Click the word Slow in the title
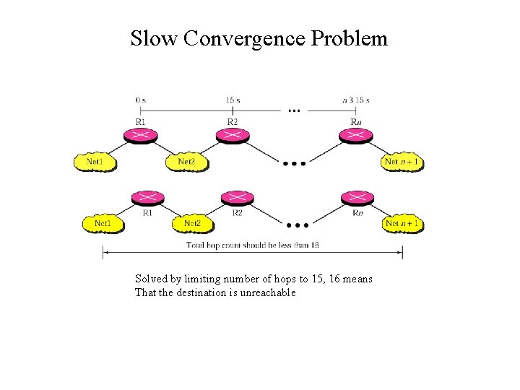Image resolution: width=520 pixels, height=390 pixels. (x=154, y=38)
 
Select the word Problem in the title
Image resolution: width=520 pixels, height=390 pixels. (x=350, y=38)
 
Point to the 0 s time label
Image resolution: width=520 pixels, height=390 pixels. (x=141, y=100)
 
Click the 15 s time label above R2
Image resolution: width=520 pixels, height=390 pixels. (x=233, y=100)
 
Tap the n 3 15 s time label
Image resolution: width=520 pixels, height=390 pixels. (x=355, y=100)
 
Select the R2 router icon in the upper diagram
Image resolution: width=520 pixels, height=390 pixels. (x=233, y=135)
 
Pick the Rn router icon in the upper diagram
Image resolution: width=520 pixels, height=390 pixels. (x=356, y=135)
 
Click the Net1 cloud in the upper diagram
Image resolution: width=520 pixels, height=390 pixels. (x=96, y=162)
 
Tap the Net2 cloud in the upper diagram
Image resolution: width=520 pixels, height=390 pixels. (x=187, y=162)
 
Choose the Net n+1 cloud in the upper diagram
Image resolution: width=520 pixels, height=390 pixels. (x=402, y=162)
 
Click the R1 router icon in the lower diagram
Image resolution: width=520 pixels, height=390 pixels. (x=147, y=198)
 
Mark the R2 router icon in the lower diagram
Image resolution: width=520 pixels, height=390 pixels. (x=237, y=198)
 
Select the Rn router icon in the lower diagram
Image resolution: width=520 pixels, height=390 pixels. (x=357, y=198)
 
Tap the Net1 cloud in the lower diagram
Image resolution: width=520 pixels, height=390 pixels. (x=103, y=224)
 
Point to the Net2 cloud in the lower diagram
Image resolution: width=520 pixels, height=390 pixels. (x=193, y=224)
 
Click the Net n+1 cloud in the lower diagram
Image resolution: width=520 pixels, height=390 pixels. (x=402, y=224)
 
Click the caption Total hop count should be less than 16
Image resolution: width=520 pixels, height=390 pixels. (x=253, y=246)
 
